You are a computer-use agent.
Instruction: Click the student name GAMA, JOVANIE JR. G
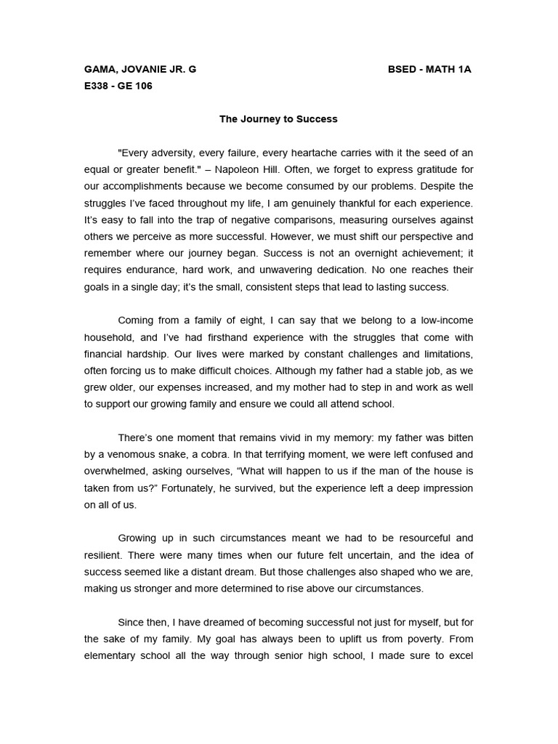pos(140,70)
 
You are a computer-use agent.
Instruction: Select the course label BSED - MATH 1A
pos(430,70)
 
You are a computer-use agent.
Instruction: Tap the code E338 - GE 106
pos(118,86)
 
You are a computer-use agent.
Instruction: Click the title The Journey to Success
pos(279,119)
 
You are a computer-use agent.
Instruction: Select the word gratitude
pos(430,169)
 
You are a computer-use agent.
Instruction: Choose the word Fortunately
pos(193,488)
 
